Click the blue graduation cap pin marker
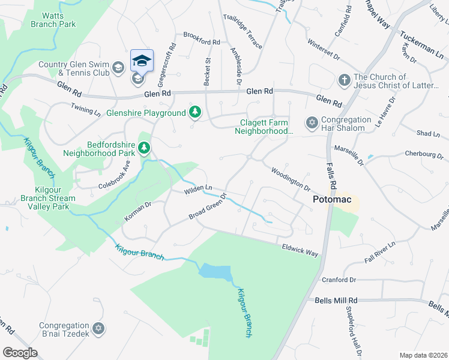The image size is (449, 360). pyautogui.click(x=142, y=61)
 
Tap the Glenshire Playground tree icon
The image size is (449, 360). pyautogui.click(x=194, y=113)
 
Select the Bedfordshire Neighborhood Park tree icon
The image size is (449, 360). pyautogui.click(x=143, y=148)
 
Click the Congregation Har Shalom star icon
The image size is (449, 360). pyautogui.click(x=311, y=123)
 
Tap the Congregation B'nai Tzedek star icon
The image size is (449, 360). pyautogui.click(x=99, y=328)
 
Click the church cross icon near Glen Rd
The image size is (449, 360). pyautogui.click(x=344, y=80)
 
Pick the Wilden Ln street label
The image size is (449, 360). pyautogui.click(x=199, y=189)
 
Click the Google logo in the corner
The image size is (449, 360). pyautogui.click(x=20, y=352)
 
